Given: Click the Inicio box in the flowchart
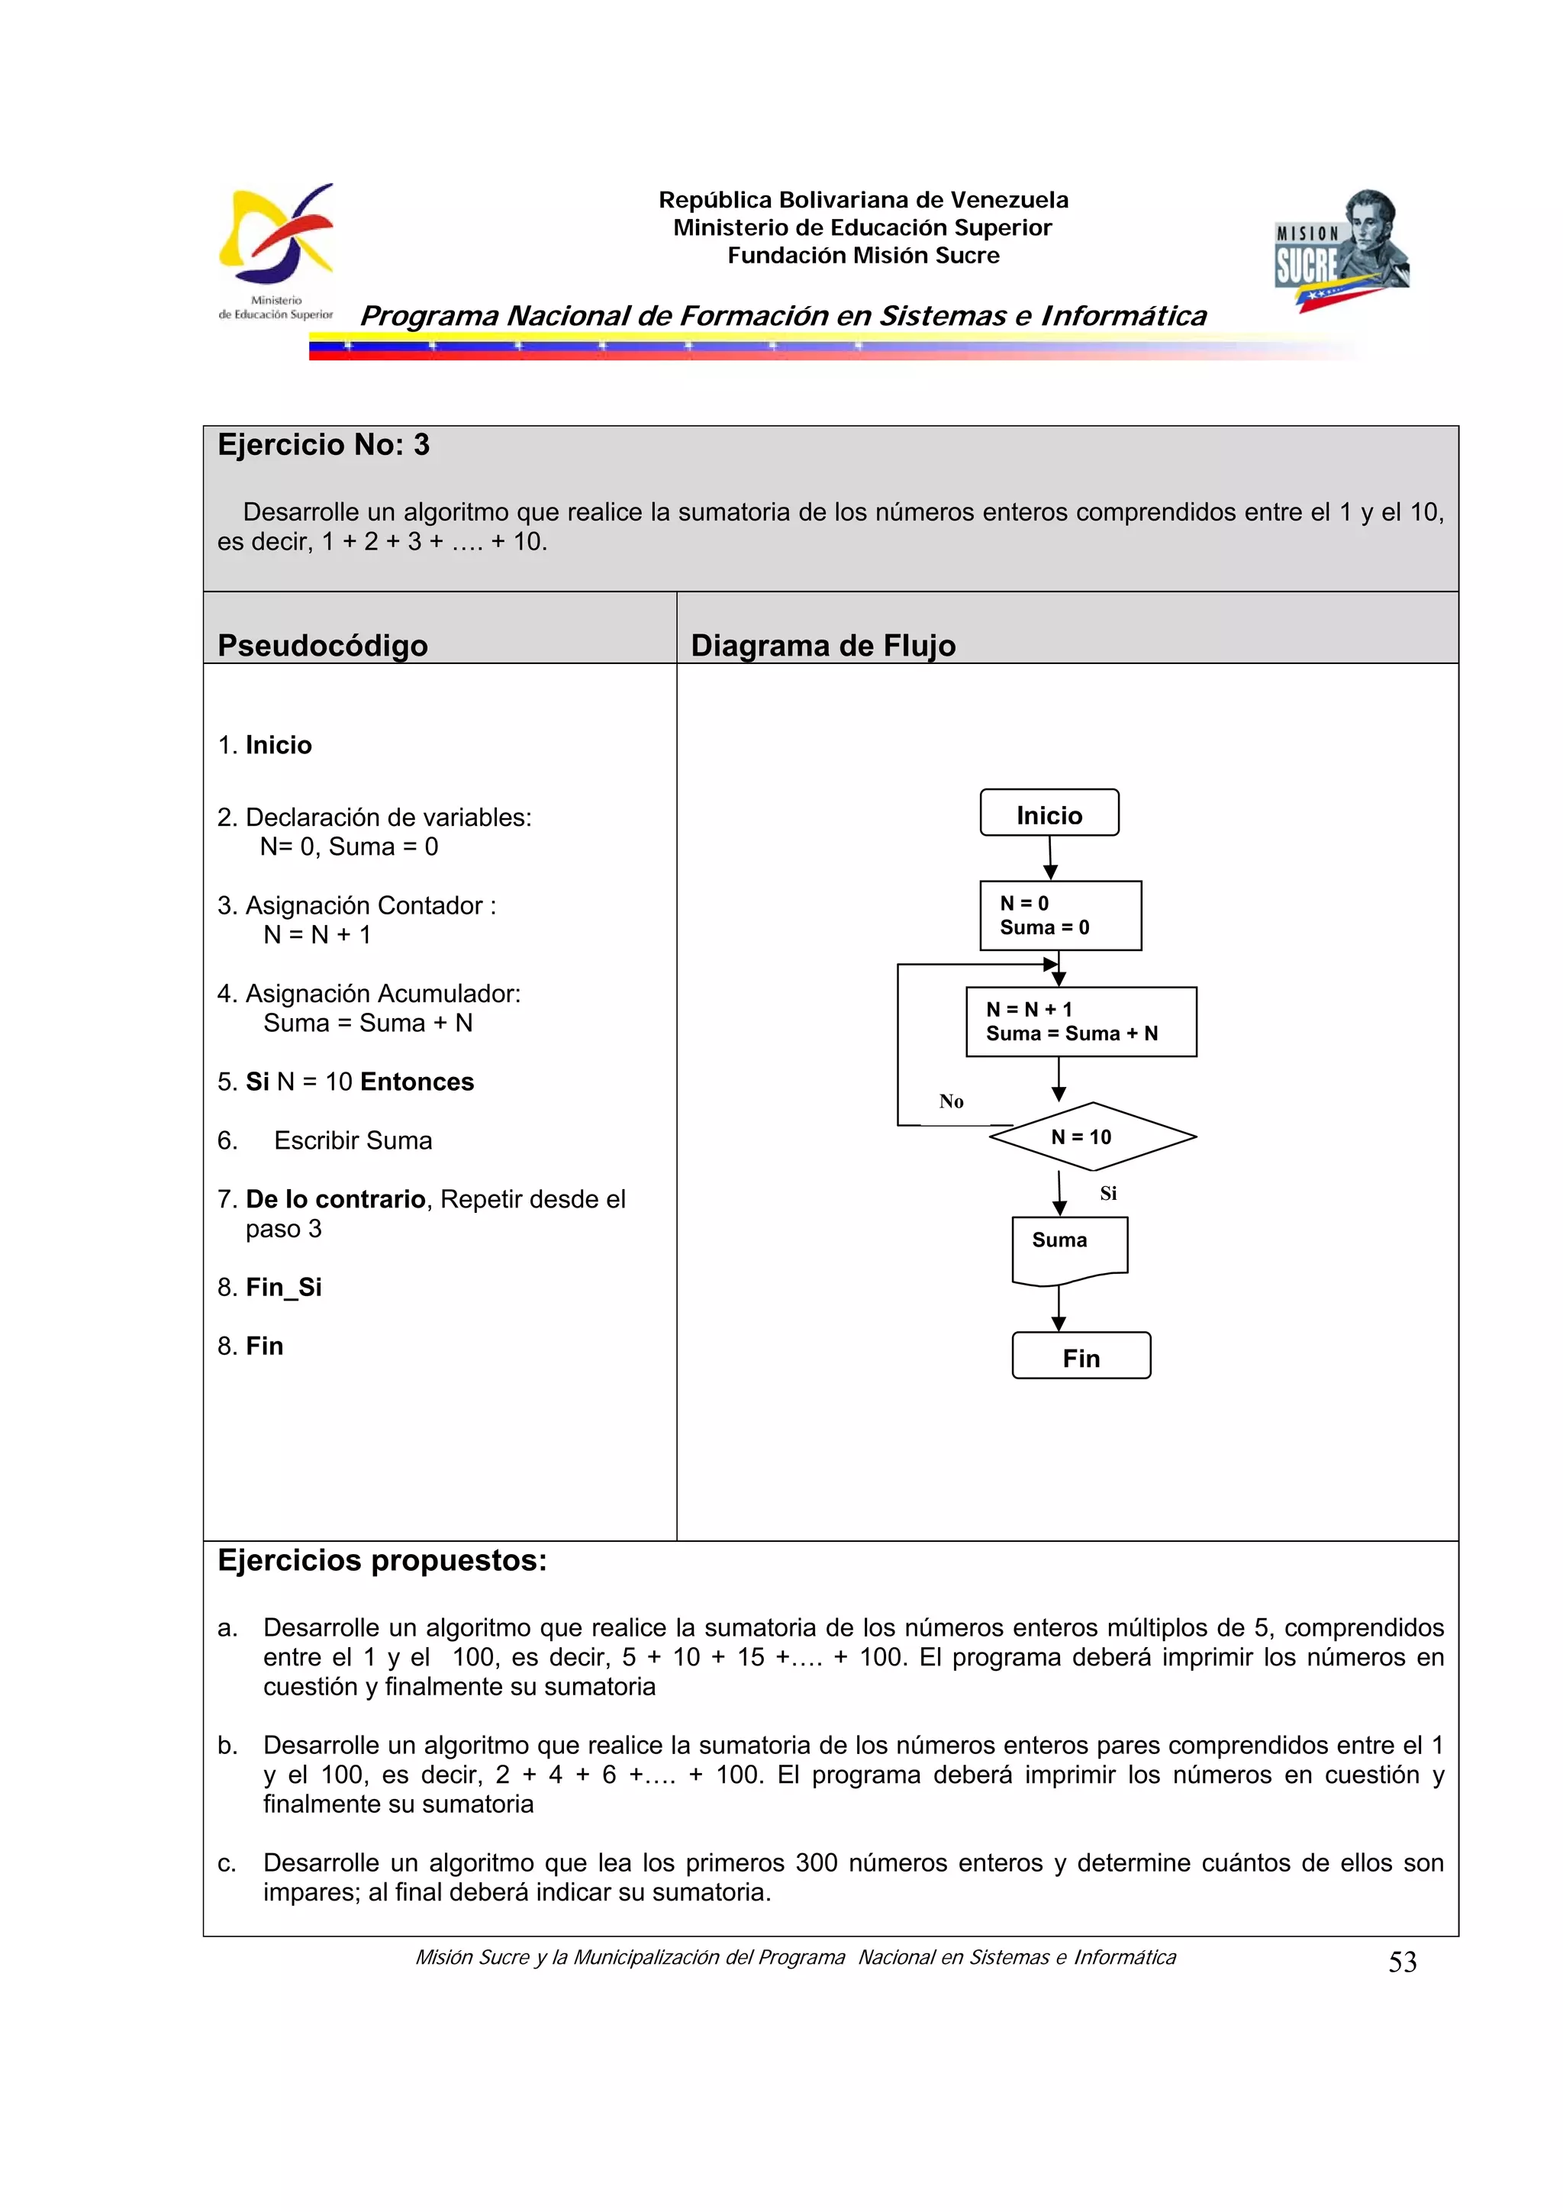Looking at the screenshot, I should point(1049,813).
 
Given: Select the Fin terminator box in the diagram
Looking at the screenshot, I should point(1081,1356).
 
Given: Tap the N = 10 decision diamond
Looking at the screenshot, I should point(1091,1137).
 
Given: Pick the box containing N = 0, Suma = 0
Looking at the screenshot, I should point(1060,915).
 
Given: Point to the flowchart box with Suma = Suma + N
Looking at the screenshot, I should point(1081,1021).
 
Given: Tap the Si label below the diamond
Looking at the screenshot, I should point(1108,1194).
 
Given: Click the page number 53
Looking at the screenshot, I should point(1402,1962).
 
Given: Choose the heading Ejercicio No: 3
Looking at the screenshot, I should point(324,445).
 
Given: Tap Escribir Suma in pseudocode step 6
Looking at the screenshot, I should point(353,1140).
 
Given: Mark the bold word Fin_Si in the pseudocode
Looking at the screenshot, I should point(283,1287).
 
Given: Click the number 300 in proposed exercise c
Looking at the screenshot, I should point(817,1862).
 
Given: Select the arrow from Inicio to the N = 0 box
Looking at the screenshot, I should point(1051,857).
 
